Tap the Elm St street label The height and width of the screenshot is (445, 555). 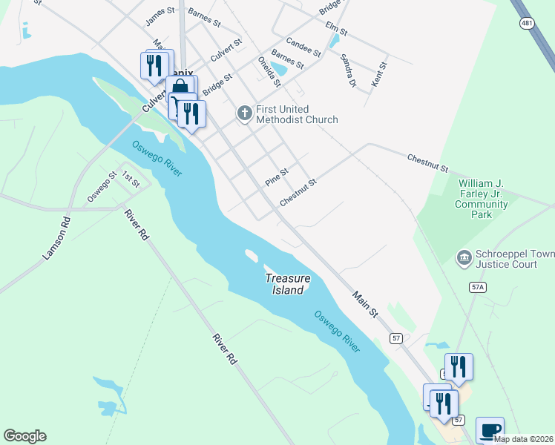(x=336, y=29)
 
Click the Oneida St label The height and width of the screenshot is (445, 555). (x=269, y=70)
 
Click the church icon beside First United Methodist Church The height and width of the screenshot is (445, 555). (x=244, y=113)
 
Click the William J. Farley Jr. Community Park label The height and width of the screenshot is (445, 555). (x=482, y=199)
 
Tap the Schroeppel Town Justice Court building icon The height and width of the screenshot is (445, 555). (x=464, y=257)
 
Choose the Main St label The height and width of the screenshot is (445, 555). (x=365, y=306)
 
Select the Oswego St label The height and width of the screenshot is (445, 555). (x=102, y=187)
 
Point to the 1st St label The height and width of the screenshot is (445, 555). (x=131, y=179)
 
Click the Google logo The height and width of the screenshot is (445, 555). (x=24, y=436)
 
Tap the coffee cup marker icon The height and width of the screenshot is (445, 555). (x=490, y=429)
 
